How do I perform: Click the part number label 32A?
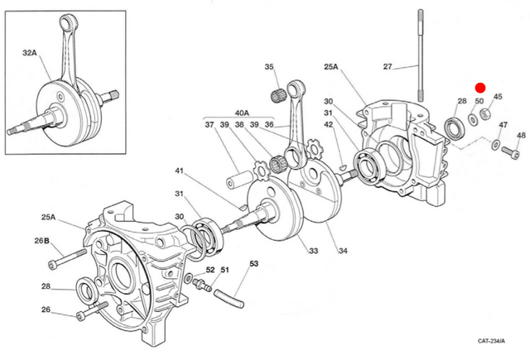pos(30,52)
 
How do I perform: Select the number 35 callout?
pos(269,67)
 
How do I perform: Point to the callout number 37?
pos(209,125)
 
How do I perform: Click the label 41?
pos(178,171)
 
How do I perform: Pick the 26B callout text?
pos(41,241)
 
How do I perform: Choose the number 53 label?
pos(254,264)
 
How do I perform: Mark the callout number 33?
pos(311,252)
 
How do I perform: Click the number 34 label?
pos(341,252)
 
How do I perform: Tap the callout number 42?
pos(329,125)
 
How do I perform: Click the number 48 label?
pos(521,136)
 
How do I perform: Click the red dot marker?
pos(480,87)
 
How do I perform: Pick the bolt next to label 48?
pos(506,151)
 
